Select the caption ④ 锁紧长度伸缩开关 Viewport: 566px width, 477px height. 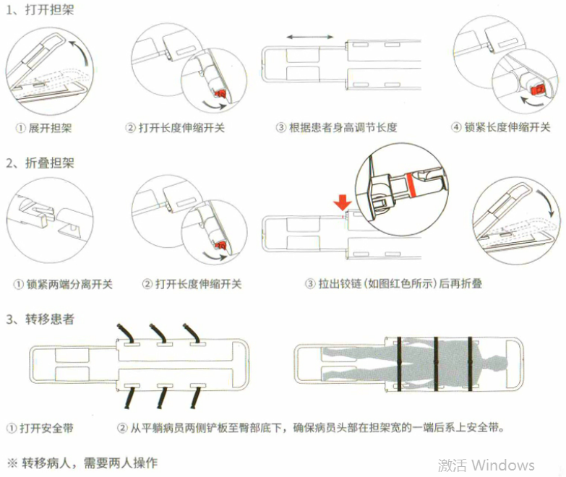click(x=500, y=128)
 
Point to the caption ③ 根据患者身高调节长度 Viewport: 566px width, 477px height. click(x=336, y=128)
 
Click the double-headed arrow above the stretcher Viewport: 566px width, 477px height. click(x=310, y=37)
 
